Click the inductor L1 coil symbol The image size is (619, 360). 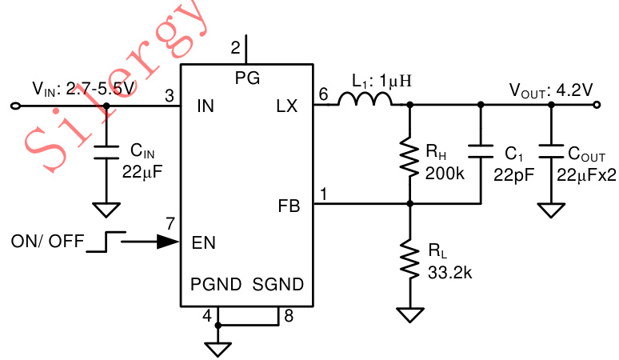click(365, 99)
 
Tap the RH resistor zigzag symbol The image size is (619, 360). click(409, 158)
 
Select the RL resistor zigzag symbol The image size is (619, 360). click(409, 261)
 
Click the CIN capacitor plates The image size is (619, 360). click(104, 152)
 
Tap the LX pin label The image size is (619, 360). click(286, 106)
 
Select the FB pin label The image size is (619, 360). click(288, 206)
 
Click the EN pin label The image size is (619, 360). click(204, 242)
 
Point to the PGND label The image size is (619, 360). click(214, 285)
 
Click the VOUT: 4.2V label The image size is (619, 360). click(551, 90)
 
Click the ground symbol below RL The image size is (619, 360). click(410, 314)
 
